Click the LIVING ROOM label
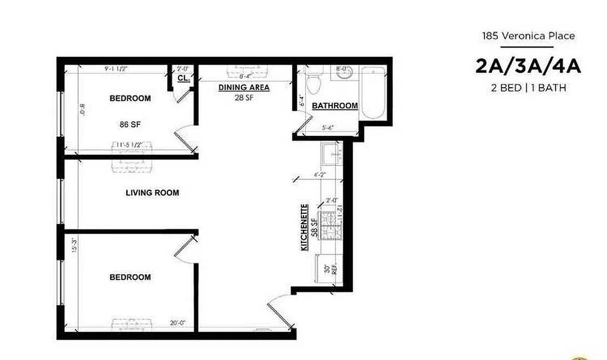click(152, 193)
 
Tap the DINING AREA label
click(244, 88)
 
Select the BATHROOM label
click(335, 106)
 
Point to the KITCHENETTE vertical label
click(305, 227)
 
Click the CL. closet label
click(183, 78)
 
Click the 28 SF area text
click(243, 97)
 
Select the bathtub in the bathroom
click(373, 93)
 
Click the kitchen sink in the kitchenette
click(332, 153)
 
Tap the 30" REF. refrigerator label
click(331, 269)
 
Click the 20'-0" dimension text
click(178, 323)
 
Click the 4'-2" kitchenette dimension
click(319, 175)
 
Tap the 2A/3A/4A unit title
click(528, 66)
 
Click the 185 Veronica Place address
click(528, 36)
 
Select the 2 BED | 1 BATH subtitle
click(528, 88)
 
